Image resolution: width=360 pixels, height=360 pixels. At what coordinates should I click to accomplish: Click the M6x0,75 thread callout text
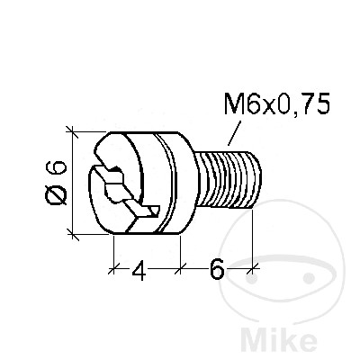pos(277,103)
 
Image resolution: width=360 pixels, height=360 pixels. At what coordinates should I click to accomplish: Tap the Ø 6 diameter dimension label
pos(56,183)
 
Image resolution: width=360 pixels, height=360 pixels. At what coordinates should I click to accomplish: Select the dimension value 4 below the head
pos(139,270)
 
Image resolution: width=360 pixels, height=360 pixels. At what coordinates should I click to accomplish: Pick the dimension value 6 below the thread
pos(217,268)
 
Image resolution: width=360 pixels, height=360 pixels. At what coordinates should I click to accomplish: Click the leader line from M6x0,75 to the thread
pos(234,133)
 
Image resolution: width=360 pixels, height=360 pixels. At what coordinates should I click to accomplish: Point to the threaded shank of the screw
pos(229,180)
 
